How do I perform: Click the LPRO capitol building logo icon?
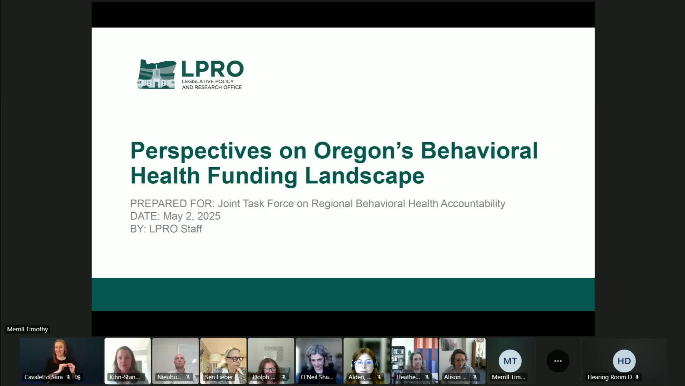click(x=157, y=74)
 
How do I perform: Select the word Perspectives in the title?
click(x=201, y=150)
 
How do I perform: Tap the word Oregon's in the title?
click(x=363, y=150)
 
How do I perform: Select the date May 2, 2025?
click(x=192, y=216)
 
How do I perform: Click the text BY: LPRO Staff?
click(x=166, y=229)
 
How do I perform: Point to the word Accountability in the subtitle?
click(x=473, y=204)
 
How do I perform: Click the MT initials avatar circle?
click(x=510, y=361)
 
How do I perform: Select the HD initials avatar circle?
click(x=624, y=361)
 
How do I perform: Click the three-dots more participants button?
click(x=558, y=361)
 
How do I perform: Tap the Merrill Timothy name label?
click(x=27, y=329)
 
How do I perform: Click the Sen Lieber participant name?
click(x=219, y=377)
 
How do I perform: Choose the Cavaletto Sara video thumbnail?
click(x=61, y=361)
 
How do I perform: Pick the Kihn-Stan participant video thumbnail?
click(x=127, y=361)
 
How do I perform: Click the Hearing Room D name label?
click(x=610, y=377)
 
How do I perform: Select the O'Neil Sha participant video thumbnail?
click(x=319, y=361)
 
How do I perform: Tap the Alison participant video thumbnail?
click(x=462, y=361)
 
